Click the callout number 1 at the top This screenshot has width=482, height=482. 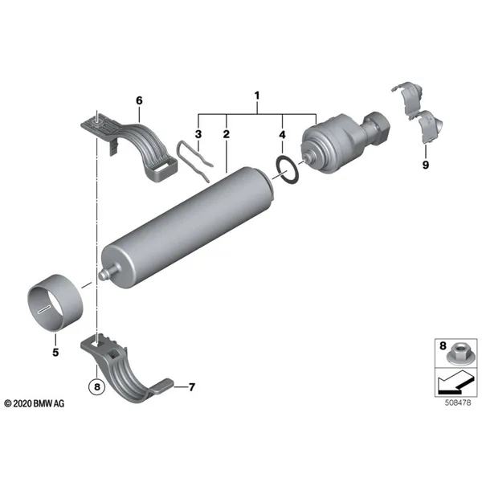[x=257, y=96]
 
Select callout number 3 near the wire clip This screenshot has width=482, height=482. [x=198, y=134]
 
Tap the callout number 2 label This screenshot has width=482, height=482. [x=227, y=134]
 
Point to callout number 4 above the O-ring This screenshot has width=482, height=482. [x=282, y=134]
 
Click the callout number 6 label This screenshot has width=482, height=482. [x=139, y=100]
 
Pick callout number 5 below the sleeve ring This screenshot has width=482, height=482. [x=55, y=353]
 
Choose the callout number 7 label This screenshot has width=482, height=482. [x=192, y=387]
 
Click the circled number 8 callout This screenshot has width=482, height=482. [x=97, y=386]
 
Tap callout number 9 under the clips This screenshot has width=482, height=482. [x=426, y=165]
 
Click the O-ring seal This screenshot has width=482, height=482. [x=279, y=163]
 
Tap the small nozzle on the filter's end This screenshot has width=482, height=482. [x=108, y=272]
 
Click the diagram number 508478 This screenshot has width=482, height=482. [x=458, y=402]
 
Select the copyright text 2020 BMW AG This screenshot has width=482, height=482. [x=35, y=403]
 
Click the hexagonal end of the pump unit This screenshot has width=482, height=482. [x=378, y=125]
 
